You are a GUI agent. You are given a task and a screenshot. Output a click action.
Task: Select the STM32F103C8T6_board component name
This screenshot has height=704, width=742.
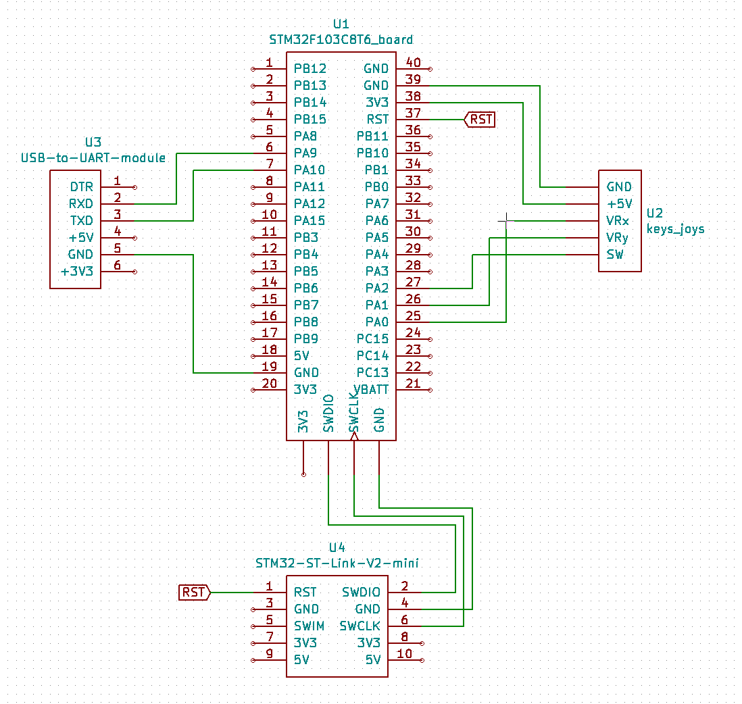[341, 40]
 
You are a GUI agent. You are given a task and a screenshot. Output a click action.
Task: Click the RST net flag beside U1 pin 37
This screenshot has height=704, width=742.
[480, 120]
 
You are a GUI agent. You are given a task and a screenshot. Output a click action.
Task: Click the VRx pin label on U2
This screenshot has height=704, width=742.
[618, 221]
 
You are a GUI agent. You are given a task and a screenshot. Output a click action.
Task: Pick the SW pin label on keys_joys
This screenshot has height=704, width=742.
[615, 255]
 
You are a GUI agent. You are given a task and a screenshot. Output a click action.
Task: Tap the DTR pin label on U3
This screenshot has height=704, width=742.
[81, 187]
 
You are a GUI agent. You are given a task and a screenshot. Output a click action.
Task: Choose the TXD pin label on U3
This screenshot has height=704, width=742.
[81, 221]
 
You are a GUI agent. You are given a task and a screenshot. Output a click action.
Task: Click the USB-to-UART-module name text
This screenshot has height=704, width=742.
[93, 158]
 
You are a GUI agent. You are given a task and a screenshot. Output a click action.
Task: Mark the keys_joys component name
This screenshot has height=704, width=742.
[675, 229]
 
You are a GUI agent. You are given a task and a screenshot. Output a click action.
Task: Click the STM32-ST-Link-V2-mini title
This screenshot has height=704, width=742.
[337, 562]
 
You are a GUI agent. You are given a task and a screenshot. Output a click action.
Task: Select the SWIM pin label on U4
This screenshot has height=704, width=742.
[309, 626]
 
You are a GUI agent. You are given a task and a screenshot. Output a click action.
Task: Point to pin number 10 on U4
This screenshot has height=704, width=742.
[405, 653]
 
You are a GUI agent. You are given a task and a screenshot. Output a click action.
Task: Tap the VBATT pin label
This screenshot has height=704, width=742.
[370, 390]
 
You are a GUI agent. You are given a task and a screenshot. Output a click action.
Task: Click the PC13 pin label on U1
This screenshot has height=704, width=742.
[372, 373]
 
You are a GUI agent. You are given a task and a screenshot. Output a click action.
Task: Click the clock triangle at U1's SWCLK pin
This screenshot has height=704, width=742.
[353, 436]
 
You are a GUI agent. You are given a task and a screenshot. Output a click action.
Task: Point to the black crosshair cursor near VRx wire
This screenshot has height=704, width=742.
[505, 220]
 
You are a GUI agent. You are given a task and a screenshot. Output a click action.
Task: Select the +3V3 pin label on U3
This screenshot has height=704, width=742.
[77, 272]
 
